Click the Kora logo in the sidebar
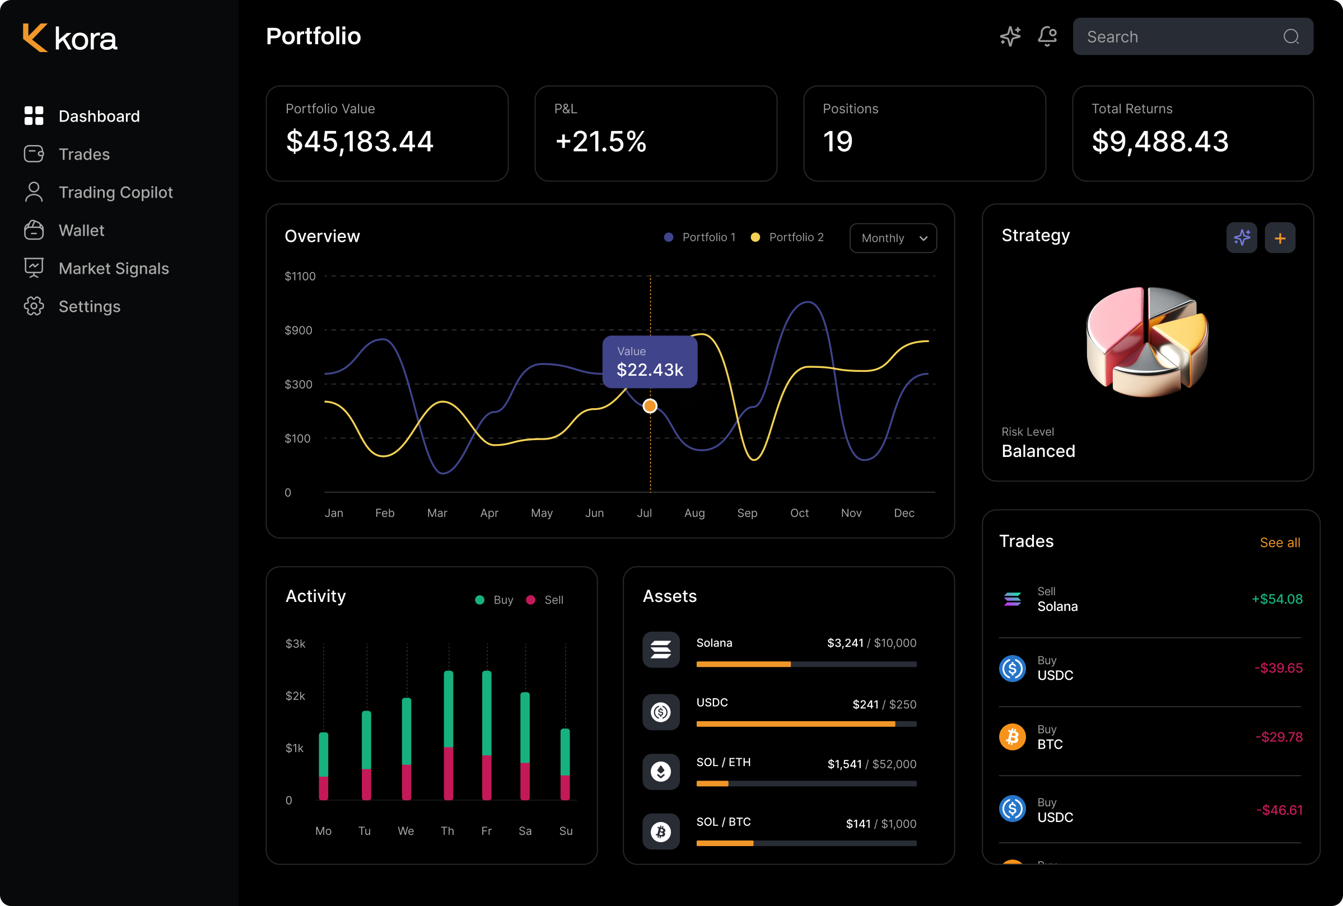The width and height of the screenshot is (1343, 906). coord(69,38)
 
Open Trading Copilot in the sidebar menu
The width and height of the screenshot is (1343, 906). coord(115,193)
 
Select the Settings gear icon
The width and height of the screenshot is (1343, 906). coord(34,306)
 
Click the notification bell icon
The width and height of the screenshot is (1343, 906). coord(1047,36)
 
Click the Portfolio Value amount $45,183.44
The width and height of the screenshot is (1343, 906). coord(360,142)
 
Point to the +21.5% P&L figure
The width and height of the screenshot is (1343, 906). coord(600,142)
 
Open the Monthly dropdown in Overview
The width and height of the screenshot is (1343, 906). coord(893,238)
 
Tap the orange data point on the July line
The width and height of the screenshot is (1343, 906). coord(650,406)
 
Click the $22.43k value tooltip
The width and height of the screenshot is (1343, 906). coord(650,362)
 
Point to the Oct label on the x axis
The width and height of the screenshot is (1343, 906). coord(799,513)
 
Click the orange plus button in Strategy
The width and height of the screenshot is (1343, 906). coord(1280,238)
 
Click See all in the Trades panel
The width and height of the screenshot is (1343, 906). coord(1279,543)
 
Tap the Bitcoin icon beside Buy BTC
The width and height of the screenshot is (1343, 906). coord(1013,737)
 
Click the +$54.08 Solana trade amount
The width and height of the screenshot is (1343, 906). coord(1276,599)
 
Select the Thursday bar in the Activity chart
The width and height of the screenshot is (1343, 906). coord(449,735)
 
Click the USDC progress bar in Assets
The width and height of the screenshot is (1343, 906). coord(806,724)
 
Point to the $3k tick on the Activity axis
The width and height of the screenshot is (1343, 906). coord(295,644)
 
